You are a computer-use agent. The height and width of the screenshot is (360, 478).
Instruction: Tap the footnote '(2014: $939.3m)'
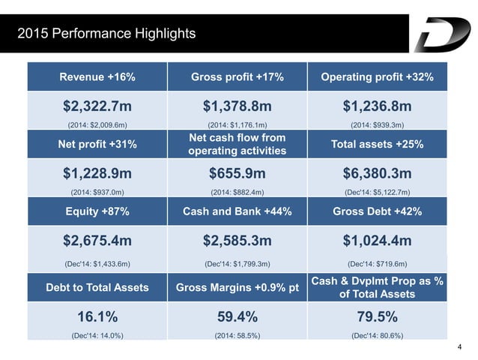click(377, 124)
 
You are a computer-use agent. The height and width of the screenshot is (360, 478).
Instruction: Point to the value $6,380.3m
click(377, 174)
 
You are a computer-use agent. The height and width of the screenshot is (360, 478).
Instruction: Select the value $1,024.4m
click(377, 241)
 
